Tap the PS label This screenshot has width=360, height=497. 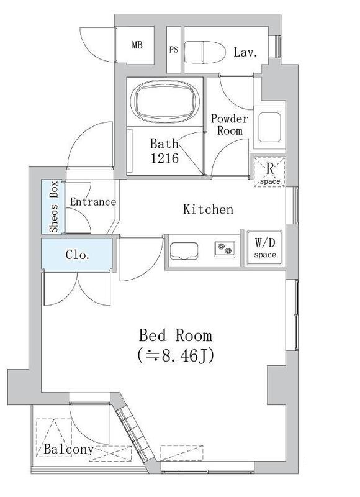click(x=173, y=50)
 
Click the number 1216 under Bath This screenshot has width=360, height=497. click(x=164, y=159)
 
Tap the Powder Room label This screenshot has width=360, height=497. click(x=229, y=125)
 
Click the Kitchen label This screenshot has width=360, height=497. click(x=208, y=209)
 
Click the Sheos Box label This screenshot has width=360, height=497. click(x=54, y=207)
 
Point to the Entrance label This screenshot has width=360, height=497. click(x=92, y=202)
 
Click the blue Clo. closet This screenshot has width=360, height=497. click(x=78, y=255)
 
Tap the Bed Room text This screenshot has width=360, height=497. click(x=175, y=336)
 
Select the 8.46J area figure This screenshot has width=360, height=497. click(x=176, y=357)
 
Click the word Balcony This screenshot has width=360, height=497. click(x=68, y=449)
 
